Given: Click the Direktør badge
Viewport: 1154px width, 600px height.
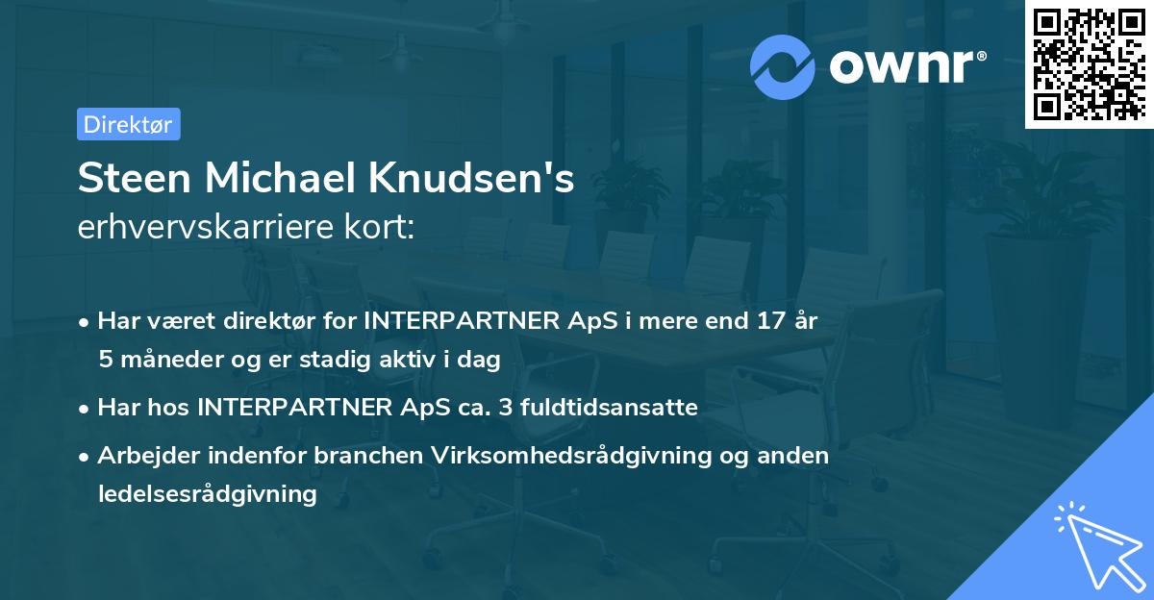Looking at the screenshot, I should click(128, 124).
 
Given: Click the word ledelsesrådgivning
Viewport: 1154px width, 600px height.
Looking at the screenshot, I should click(207, 494).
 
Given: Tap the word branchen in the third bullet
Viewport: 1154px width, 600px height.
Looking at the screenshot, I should click(370, 456).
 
